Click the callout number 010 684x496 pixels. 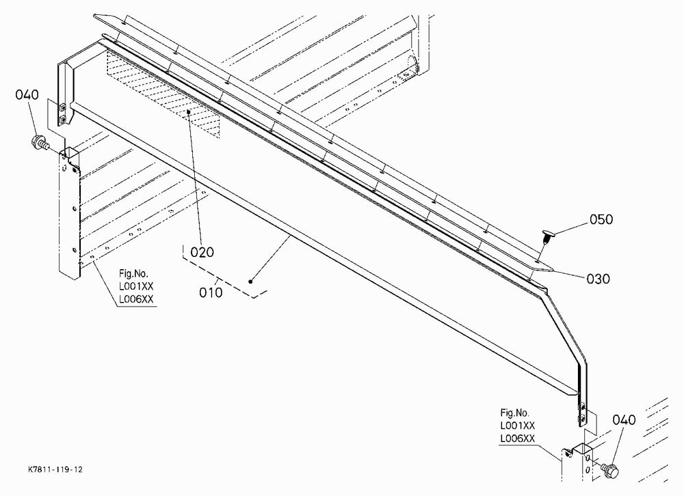click(211, 292)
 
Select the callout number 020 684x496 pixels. click(202, 252)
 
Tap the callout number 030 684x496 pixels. click(598, 279)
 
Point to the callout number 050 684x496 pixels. click(601, 219)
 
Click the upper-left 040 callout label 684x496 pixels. click(27, 94)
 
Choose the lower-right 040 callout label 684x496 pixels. click(624, 420)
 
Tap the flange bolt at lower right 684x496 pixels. click(610, 470)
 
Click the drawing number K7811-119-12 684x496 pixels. click(55, 469)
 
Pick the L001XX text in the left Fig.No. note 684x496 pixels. click(136, 286)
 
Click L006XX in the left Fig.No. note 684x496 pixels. click(136, 299)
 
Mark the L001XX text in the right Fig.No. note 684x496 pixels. click(517, 426)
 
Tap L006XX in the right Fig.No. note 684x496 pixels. click(517, 439)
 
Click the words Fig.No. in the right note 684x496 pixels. click(515, 413)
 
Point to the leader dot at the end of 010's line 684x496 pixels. click(250, 281)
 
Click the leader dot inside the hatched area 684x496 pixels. click(189, 111)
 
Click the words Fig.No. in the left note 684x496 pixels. click(134, 274)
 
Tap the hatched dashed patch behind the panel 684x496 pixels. click(163, 92)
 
